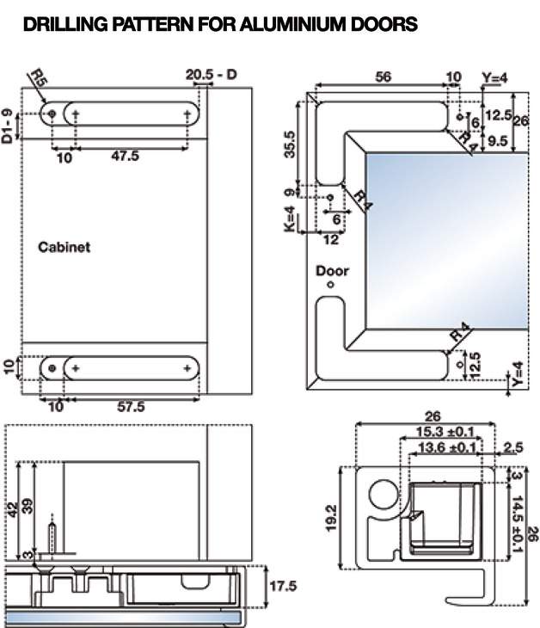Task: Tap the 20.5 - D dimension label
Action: [x=211, y=76]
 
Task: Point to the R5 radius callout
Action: [x=39, y=79]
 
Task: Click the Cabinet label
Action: [x=64, y=247]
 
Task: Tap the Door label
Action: [x=332, y=271]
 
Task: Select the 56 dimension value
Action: [x=384, y=77]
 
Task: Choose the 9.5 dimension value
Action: [x=497, y=140]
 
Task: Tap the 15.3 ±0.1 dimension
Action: [x=445, y=432]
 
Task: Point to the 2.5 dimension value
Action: [x=513, y=447]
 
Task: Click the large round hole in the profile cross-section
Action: [x=380, y=496]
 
